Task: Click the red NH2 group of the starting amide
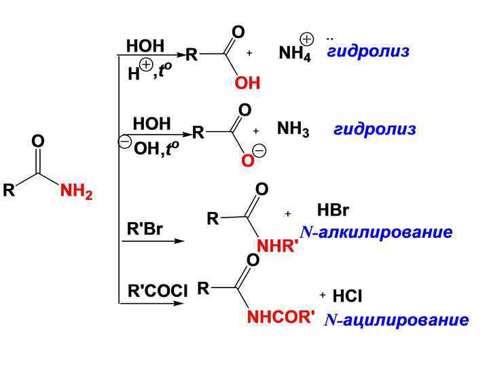point(76,192)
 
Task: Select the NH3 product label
point(293,130)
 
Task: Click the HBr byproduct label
point(333,210)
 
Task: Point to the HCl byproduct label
point(347,296)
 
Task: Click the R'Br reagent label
point(145,229)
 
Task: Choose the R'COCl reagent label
point(158,291)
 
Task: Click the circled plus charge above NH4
point(307,39)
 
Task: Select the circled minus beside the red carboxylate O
point(259,151)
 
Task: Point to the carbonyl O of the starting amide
point(38,141)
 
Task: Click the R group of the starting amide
point(9,191)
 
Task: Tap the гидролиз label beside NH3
point(374,129)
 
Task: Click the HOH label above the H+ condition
point(145,46)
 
